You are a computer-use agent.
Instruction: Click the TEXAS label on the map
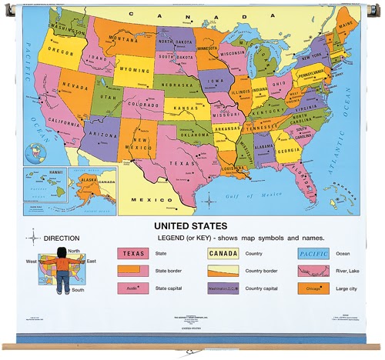click(x=183, y=163)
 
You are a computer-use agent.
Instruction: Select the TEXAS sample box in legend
click(x=132, y=252)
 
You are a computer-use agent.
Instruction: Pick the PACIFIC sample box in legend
click(x=313, y=252)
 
